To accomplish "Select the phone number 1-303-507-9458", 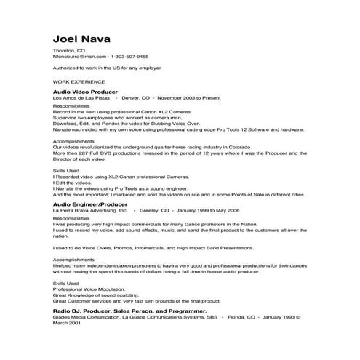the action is pyautogui.click(x=129, y=56).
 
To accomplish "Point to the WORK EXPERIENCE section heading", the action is pyautogui.click(x=79, y=81).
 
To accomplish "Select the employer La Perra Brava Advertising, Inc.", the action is pyautogui.click(x=91, y=211).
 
